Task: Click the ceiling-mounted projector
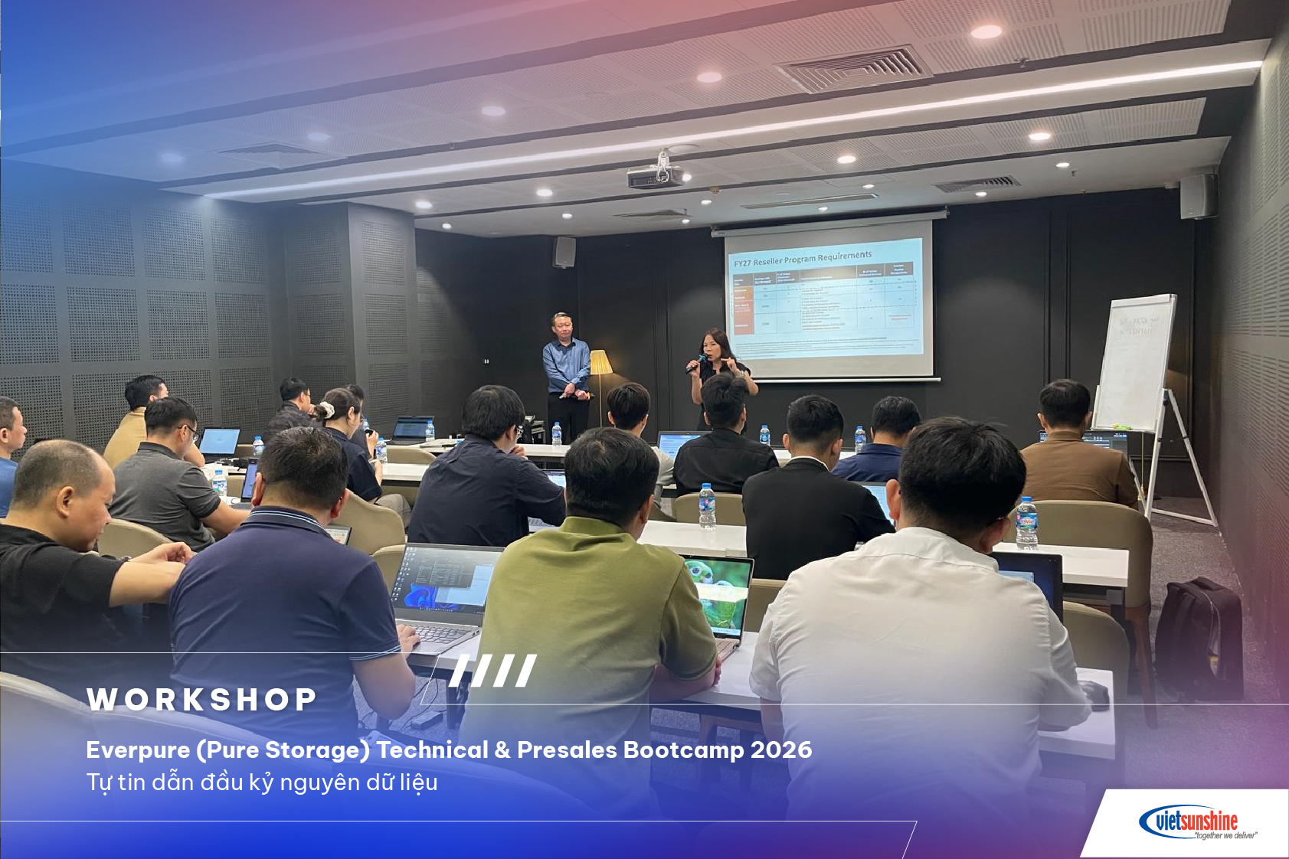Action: click(656, 175)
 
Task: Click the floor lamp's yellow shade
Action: click(600, 362)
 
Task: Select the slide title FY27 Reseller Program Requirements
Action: click(802, 258)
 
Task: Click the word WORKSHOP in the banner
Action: click(201, 699)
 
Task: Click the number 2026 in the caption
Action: click(780, 750)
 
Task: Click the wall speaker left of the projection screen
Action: click(564, 252)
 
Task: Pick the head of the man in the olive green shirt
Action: click(610, 474)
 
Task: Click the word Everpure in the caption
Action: click(138, 750)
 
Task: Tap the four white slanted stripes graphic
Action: click(493, 671)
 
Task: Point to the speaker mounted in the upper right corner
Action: click(1197, 196)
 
